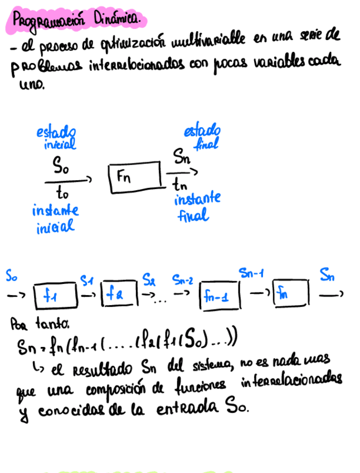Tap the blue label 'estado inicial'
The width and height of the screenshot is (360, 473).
click(56, 137)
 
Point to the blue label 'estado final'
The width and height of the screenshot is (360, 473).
click(202, 137)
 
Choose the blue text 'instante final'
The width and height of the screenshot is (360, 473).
click(197, 206)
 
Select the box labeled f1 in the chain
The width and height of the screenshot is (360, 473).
click(55, 295)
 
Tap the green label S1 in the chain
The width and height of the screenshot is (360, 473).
click(86, 278)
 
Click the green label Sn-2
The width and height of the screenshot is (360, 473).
click(182, 277)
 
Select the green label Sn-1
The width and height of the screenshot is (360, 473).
click(251, 273)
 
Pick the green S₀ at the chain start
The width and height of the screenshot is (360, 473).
click(12, 276)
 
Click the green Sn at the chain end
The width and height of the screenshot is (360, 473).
click(327, 274)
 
